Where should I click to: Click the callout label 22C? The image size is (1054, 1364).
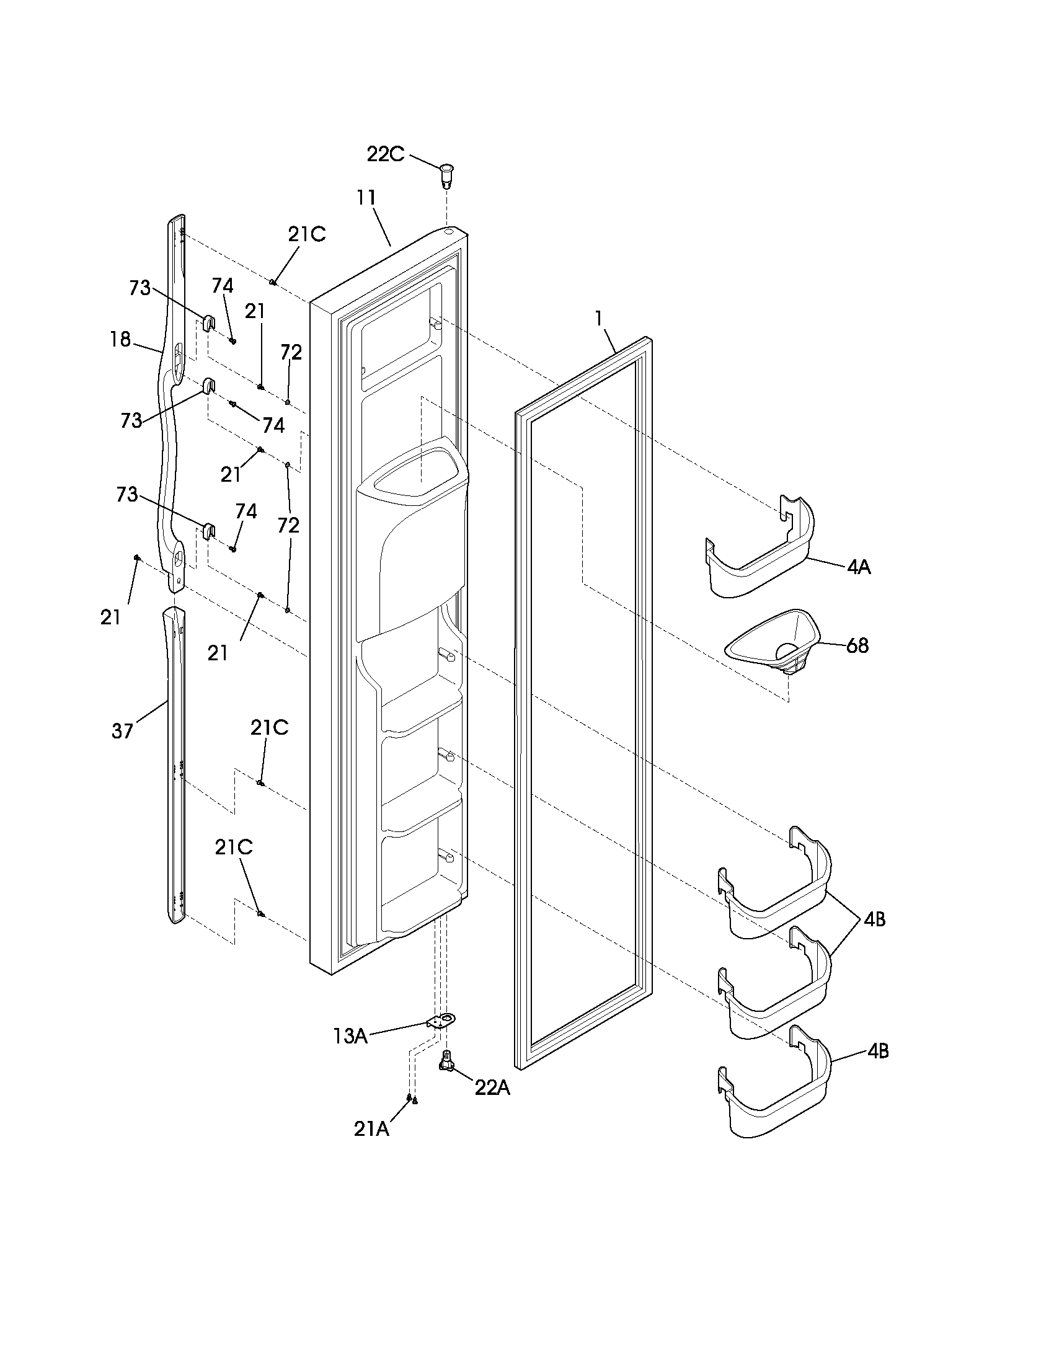point(385,154)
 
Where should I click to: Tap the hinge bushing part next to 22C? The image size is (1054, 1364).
point(447,175)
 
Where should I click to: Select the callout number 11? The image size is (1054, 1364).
point(366,197)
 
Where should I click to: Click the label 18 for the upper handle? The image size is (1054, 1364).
point(120,339)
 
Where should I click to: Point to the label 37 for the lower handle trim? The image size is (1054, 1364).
point(122,731)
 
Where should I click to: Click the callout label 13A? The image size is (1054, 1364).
point(350,1037)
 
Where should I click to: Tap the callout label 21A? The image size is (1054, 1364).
point(371,1129)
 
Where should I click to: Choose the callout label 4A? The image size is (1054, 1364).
point(859,567)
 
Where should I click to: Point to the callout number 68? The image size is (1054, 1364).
point(857,645)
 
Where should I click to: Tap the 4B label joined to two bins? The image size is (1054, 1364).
point(875,919)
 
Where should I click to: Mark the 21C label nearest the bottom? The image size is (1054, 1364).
point(234,848)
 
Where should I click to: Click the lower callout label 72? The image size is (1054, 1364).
point(288,525)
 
